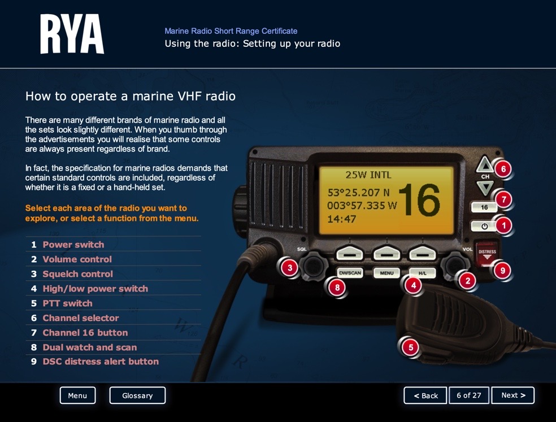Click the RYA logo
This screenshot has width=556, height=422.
pos(72,34)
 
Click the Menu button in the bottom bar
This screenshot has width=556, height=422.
pos(77,395)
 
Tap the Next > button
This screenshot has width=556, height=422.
pos(512,395)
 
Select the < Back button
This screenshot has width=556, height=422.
pos(425,395)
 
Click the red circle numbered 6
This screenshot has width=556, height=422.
pos(503,169)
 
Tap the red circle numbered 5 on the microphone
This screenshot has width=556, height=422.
pos(411,347)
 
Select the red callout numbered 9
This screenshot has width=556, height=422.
pos(502,271)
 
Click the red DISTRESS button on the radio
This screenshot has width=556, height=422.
pos(487,254)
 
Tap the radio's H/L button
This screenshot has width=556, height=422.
pos(422,273)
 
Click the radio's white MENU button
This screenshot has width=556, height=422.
pos(386,273)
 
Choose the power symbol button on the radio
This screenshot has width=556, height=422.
pos(484,226)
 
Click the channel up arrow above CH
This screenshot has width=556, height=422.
pos(485,164)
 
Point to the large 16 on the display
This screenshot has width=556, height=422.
pos(419,199)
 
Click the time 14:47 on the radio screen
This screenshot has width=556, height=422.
pos(341,219)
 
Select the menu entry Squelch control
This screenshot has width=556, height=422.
pos(77,274)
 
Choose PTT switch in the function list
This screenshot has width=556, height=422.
pos(67,303)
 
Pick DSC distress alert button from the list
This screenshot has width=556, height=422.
pos(101,362)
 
